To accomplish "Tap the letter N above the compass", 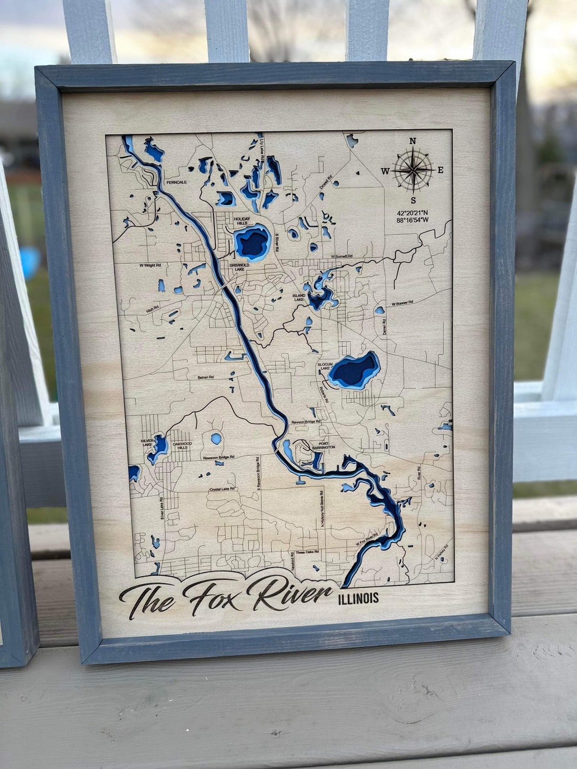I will coord(412,141).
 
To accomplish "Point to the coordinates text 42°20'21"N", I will coord(412,213).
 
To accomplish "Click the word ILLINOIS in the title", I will coord(358,598).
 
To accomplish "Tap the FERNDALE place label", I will coord(176,183).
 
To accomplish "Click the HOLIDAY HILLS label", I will coord(241,221).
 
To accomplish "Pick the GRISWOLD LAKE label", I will coord(239,266).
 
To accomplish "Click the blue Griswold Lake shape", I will coord(252,242).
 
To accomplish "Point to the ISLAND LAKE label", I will coord(299,297).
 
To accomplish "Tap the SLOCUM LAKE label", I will coord(325,366).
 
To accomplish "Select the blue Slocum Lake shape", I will coord(354,370).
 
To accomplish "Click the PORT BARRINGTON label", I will coord(323,445).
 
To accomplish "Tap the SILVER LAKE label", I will coord(147,443).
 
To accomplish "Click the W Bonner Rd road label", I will coord(402,303).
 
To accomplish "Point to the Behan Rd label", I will coord(206,377).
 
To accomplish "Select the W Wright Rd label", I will coord(150,265).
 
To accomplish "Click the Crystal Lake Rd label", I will coord(223,489).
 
